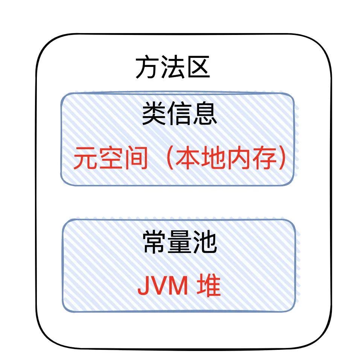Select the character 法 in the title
tap(173, 67)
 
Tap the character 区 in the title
tap(198, 67)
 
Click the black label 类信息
tap(179, 114)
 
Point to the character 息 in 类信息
tap(205, 114)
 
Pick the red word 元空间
tap(110, 158)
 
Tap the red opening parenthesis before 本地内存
tap(170, 158)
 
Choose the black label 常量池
tap(180, 242)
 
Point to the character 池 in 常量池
tap(205, 242)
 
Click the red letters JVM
tap(163, 286)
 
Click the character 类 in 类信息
tap(154, 114)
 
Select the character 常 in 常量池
tap(155, 242)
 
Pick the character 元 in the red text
tap(85, 158)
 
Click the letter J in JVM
tap(143, 286)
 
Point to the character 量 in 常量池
tap(180, 242)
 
